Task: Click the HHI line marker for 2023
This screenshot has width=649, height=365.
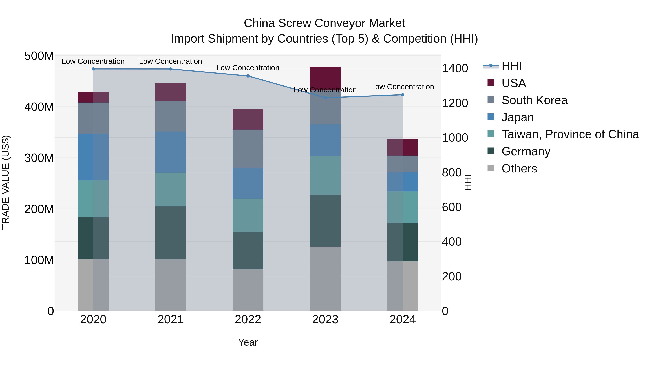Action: (325, 98)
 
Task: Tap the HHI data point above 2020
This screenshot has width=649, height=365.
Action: (93, 69)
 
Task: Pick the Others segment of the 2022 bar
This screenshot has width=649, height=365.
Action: (248, 290)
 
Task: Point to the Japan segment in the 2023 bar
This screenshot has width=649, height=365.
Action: (325, 140)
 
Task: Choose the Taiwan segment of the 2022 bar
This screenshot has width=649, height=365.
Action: (248, 215)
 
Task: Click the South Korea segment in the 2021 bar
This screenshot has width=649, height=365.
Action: (171, 116)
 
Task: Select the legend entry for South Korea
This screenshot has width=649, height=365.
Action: (534, 100)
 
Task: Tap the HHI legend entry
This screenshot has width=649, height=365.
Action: (511, 66)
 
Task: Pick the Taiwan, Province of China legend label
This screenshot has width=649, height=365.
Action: (570, 134)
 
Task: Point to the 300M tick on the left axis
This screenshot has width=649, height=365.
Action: (39, 158)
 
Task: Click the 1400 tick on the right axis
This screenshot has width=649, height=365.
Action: (455, 68)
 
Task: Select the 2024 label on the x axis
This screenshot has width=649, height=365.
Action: (402, 319)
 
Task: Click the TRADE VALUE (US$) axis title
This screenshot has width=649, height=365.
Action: (6, 182)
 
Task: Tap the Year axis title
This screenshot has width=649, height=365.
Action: (248, 342)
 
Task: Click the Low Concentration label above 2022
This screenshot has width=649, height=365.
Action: (248, 68)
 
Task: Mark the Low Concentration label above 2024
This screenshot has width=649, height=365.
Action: (402, 87)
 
